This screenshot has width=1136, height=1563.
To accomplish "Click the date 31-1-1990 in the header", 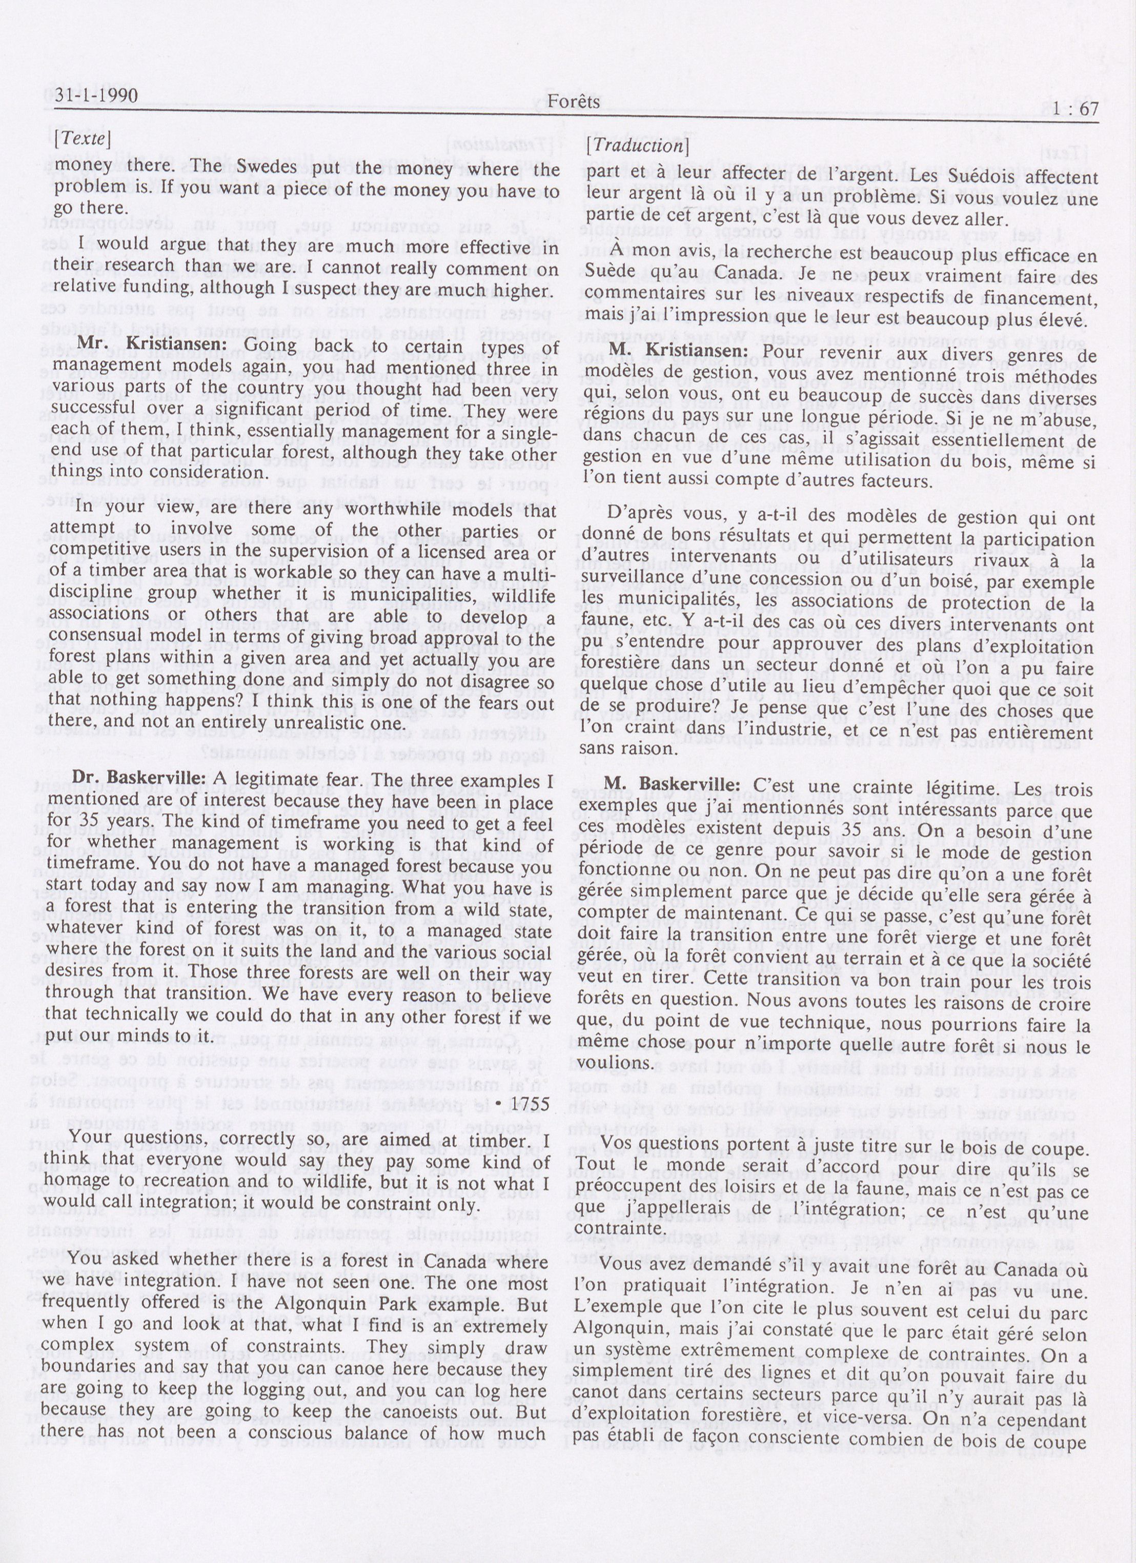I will click(x=89, y=96).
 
